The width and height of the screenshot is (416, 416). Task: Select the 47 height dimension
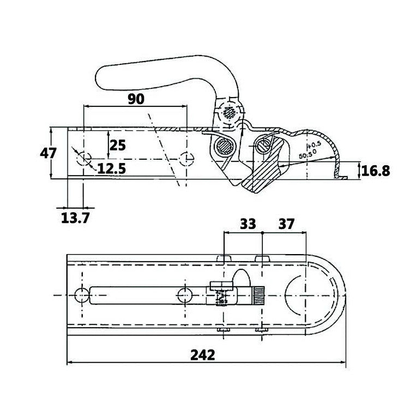click(49, 153)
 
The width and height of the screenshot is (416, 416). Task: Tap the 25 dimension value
click(117, 145)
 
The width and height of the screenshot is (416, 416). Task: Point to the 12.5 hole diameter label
click(112, 168)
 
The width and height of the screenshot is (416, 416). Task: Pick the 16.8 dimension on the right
click(376, 171)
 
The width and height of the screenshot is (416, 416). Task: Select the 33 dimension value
click(248, 224)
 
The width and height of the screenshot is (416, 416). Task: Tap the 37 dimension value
click(286, 224)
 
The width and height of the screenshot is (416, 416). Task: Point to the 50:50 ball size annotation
click(308, 154)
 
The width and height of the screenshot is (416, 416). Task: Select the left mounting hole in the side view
click(83, 159)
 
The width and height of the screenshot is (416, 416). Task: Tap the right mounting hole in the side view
click(186, 159)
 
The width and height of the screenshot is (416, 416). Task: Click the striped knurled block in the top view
click(257, 295)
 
